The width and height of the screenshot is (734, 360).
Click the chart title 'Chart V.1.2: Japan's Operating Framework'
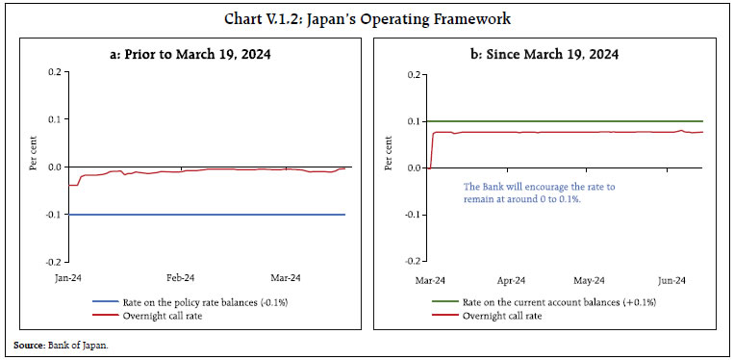point(367,17)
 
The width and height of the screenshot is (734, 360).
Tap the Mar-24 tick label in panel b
point(430,281)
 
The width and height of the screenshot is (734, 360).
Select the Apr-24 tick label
point(512,281)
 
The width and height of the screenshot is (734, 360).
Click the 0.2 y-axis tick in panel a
point(54,72)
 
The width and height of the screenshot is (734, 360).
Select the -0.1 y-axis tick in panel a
point(52,214)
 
